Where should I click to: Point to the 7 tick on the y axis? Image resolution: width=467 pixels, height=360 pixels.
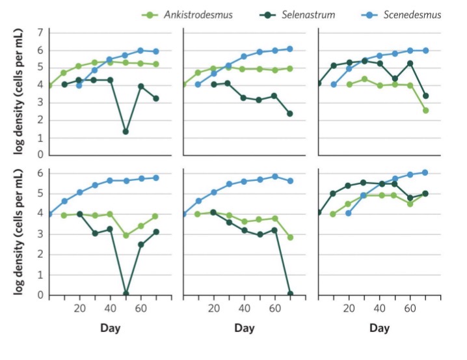click(x=40, y=32)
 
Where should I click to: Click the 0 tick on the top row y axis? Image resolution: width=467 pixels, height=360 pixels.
click(x=40, y=156)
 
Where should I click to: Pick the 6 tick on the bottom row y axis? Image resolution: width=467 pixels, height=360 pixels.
click(x=40, y=173)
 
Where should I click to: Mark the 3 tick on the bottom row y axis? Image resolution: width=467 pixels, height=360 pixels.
click(x=40, y=234)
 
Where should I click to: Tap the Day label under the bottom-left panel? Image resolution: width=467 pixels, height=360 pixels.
click(x=111, y=329)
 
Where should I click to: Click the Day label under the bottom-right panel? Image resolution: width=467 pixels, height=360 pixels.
click(x=379, y=329)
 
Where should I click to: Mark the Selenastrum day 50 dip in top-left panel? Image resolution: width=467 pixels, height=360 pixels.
click(x=126, y=132)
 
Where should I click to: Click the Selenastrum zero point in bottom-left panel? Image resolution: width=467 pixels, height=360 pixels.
click(x=126, y=294)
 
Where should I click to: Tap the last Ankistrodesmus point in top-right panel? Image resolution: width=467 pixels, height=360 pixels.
click(x=425, y=110)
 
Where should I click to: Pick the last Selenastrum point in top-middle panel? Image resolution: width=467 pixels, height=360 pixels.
click(x=289, y=113)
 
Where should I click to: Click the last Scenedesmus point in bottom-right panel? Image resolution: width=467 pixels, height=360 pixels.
click(x=425, y=173)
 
